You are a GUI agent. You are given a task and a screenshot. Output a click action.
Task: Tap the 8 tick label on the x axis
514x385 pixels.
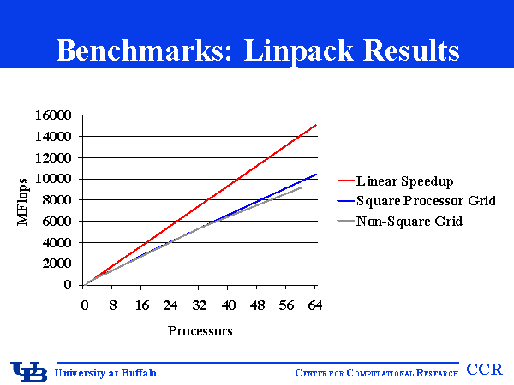(113, 305)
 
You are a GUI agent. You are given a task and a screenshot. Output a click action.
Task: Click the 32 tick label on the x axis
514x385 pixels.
(200, 305)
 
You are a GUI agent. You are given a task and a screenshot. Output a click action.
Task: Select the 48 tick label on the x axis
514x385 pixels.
(257, 305)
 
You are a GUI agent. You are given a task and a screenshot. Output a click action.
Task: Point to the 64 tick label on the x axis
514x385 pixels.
(314, 305)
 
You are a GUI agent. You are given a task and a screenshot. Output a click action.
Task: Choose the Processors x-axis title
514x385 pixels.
(200, 330)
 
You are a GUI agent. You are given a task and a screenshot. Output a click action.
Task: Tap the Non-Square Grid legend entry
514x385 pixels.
(398, 222)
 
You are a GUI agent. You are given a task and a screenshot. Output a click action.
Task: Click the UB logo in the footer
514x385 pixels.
(28, 371)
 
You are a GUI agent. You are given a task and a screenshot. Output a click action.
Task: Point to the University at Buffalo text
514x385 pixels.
(106, 372)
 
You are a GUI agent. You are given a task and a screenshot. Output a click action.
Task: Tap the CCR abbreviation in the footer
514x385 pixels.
(484, 370)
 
